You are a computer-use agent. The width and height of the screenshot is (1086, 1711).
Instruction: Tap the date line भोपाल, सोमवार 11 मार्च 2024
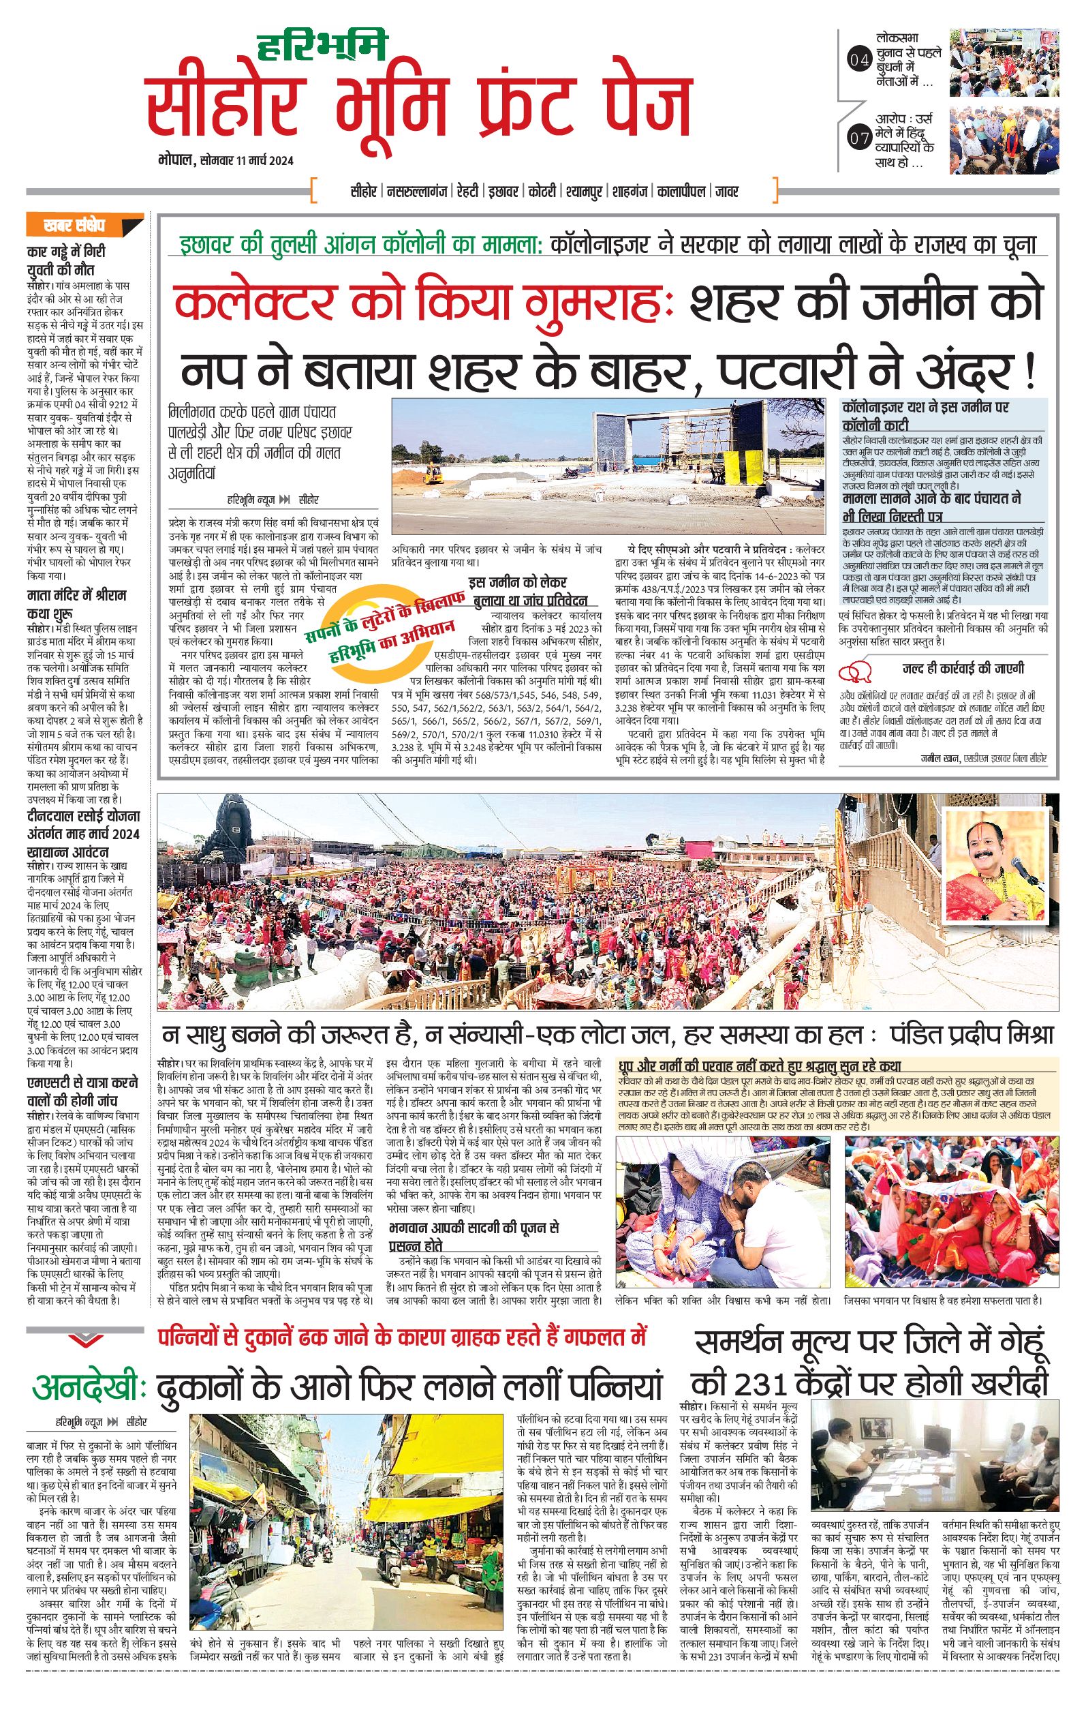tap(226, 161)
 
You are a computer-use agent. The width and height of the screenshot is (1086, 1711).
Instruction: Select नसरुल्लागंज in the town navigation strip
tap(417, 191)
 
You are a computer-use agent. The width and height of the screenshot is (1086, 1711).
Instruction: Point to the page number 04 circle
tap(859, 61)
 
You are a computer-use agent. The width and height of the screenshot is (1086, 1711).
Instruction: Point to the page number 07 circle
tap(859, 138)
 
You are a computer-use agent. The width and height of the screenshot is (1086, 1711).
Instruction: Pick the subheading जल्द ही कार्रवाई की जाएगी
tap(953, 669)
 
